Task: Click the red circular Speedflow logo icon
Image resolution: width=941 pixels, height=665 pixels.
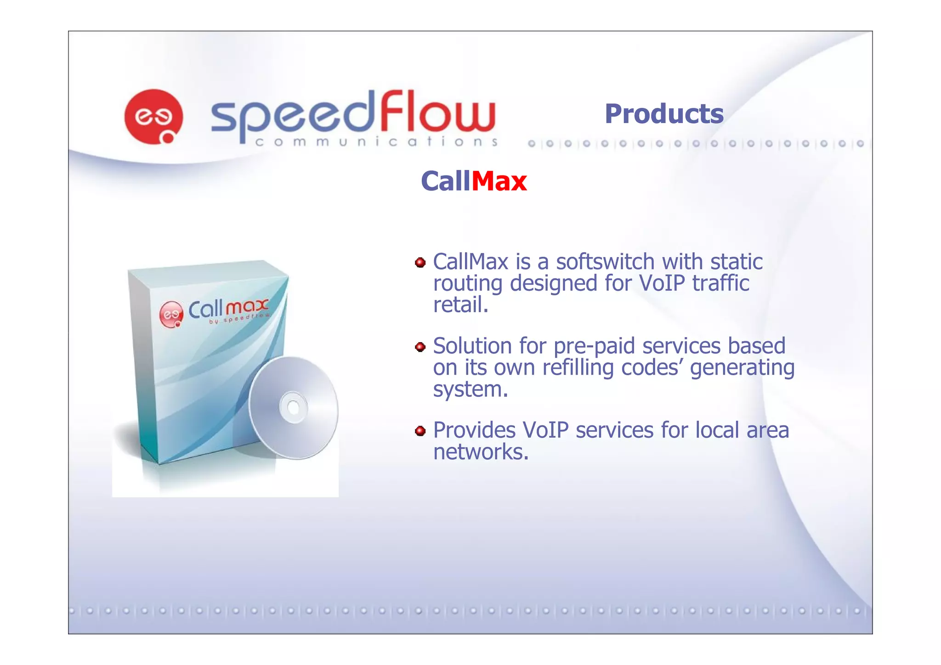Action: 153,116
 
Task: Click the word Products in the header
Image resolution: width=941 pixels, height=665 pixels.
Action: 664,114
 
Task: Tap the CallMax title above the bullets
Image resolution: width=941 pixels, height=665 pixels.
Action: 474,181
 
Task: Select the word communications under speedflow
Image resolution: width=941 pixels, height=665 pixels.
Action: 376,142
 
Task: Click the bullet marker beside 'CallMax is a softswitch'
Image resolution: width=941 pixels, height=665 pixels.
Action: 420,263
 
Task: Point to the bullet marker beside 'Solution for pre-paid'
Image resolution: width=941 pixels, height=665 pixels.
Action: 420,347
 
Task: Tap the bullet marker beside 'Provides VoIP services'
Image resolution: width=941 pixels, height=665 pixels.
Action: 420,431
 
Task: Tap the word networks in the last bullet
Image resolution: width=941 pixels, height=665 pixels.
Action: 481,452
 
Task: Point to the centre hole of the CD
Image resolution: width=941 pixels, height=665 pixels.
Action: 293,407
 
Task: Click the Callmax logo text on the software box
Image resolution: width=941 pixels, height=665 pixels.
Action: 228,309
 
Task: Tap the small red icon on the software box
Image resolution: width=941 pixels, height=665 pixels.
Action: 171,315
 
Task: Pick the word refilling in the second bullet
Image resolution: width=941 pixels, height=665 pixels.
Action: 578,367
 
